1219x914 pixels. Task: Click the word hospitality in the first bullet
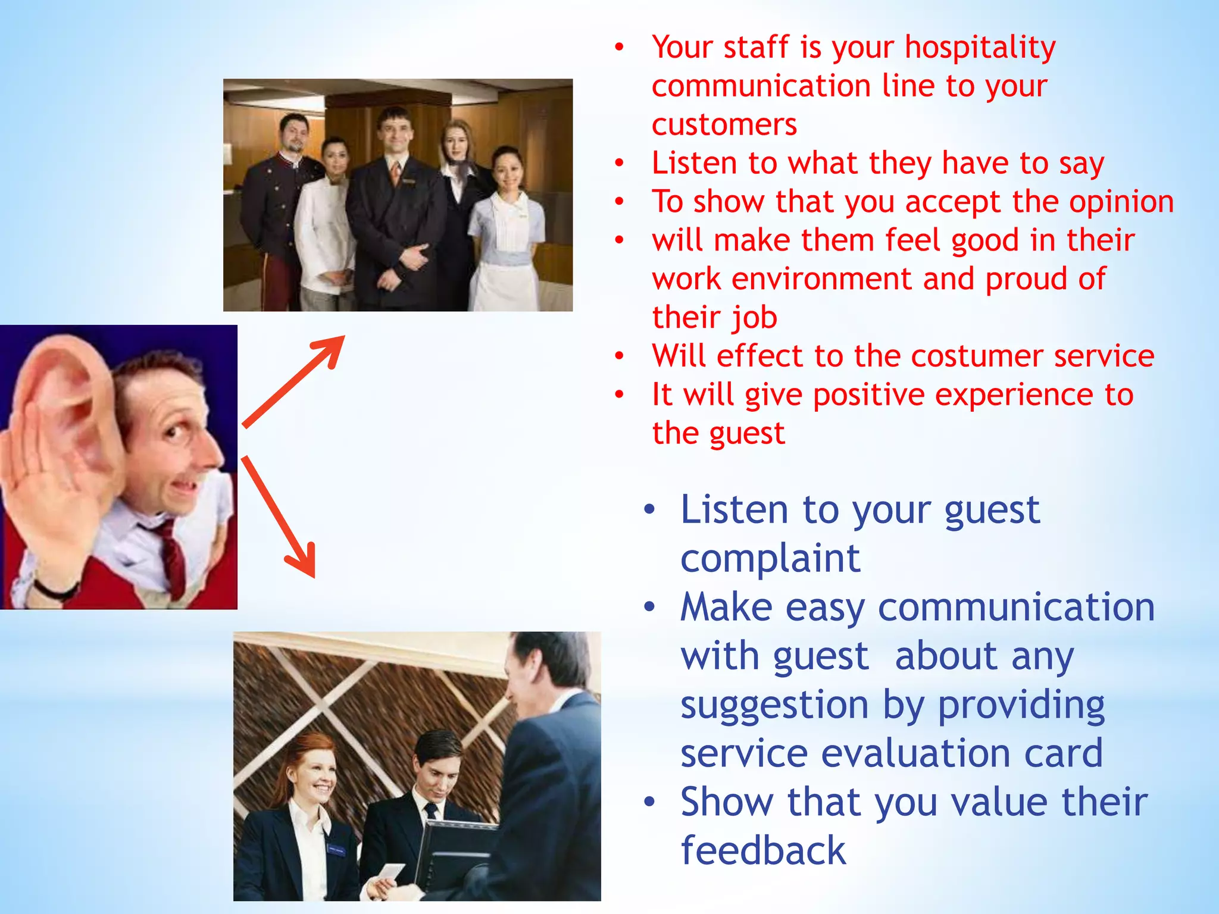point(980,48)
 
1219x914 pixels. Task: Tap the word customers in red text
point(724,125)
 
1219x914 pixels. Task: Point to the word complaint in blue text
point(770,559)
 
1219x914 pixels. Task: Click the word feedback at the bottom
point(762,850)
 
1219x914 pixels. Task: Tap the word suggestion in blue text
point(774,705)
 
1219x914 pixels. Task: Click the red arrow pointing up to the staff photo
point(295,381)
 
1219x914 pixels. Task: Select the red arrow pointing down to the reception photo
point(280,518)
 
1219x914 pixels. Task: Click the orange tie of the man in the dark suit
point(395,173)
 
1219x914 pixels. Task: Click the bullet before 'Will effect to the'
point(620,356)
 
